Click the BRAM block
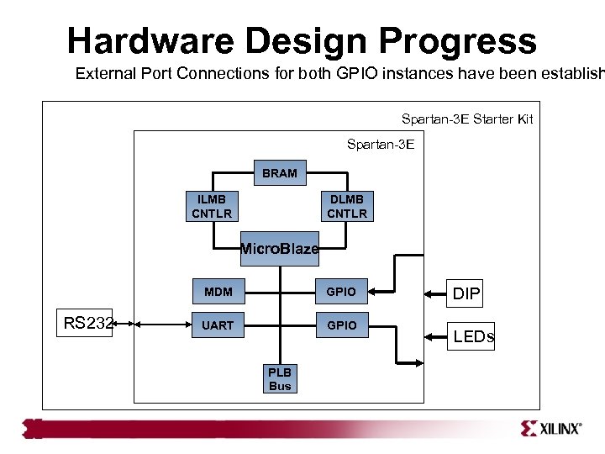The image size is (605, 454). [x=280, y=173]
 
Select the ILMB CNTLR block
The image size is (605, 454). [x=211, y=206]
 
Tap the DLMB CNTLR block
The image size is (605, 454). [x=347, y=206]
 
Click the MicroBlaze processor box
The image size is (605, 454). [x=280, y=249]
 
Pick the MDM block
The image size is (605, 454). [x=218, y=293]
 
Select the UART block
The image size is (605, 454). [x=218, y=325]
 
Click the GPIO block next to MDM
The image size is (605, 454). [x=341, y=293]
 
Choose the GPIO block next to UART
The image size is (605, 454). [x=341, y=325]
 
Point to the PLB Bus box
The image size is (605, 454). [x=280, y=379]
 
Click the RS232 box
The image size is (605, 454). [x=88, y=323]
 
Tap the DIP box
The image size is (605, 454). [x=466, y=294]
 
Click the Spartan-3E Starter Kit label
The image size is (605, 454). [x=467, y=119]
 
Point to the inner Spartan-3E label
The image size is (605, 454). [x=381, y=145]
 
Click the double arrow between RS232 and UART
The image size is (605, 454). [x=151, y=323]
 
